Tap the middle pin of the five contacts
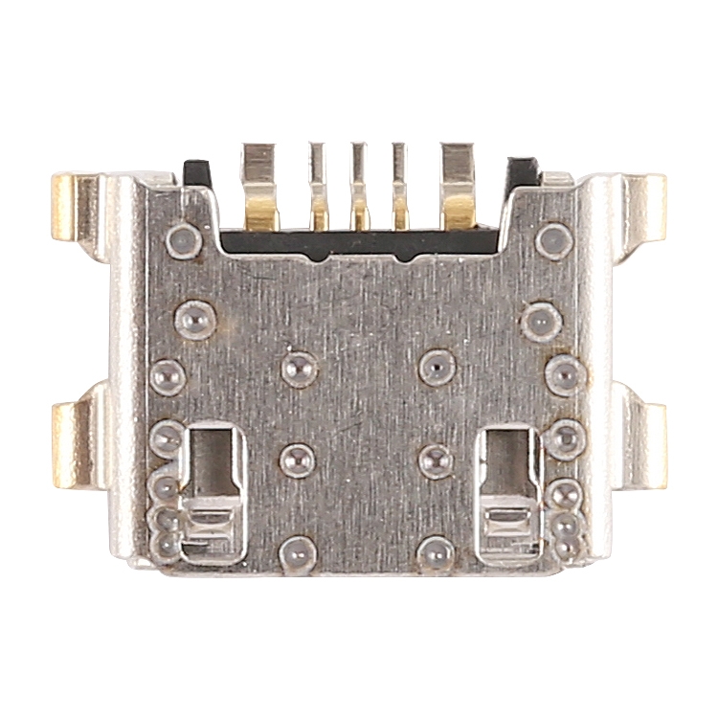(359, 187)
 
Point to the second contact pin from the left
(318, 187)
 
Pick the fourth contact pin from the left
(400, 187)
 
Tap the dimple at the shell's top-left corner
(184, 240)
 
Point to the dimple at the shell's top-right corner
(553, 240)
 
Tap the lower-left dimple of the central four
(297, 458)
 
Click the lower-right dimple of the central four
(437, 460)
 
